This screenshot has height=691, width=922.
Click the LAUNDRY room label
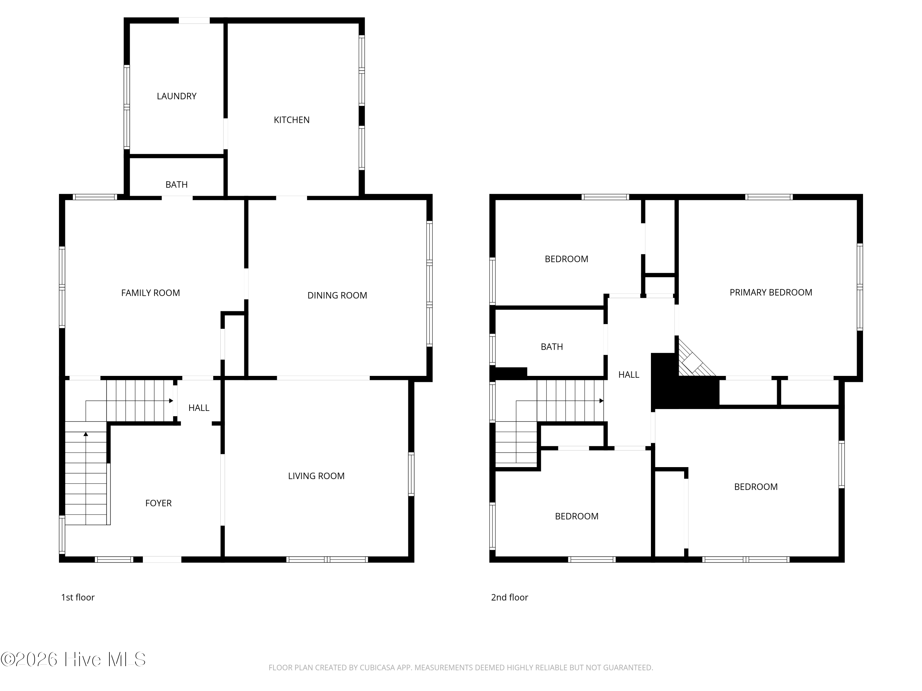(x=176, y=96)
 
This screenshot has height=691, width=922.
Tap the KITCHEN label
(x=291, y=120)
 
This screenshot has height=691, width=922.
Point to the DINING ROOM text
(x=337, y=295)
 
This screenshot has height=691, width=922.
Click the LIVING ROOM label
(x=316, y=476)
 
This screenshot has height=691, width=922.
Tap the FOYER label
(x=158, y=503)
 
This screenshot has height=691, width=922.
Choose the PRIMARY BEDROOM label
(x=771, y=292)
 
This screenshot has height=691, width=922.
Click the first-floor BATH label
(x=176, y=185)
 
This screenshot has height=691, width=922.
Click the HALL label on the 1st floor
(x=199, y=408)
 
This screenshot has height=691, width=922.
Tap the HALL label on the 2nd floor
(x=628, y=375)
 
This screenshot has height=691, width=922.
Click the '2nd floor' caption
(x=509, y=597)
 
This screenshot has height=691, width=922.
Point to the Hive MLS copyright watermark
(x=73, y=659)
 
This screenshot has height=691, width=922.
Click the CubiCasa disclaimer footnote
(x=461, y=668)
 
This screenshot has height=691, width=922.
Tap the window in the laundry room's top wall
(x=194, y=20)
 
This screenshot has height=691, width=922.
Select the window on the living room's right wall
(x=411, y=474)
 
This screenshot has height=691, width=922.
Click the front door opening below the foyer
(x=162, y=559)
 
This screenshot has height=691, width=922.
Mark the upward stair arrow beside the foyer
(x=86, y=478)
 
